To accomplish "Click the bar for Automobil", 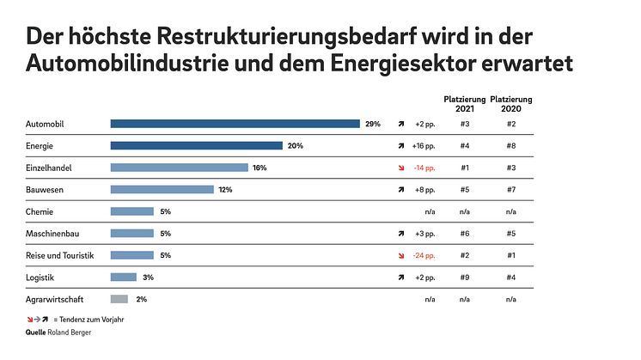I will coord(235,124).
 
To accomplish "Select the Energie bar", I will coord(196,146).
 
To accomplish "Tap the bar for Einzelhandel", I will coord(179,168).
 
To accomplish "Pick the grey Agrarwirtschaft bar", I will coord(119,299).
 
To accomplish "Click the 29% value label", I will coord(372,124).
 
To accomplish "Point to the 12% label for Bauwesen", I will coord(225,190).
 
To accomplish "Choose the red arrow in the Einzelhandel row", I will coord(400,168).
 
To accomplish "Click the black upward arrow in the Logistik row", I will coord(400,278).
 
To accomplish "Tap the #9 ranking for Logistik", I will coord(464,278).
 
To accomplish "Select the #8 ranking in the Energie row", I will coord(511,146).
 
